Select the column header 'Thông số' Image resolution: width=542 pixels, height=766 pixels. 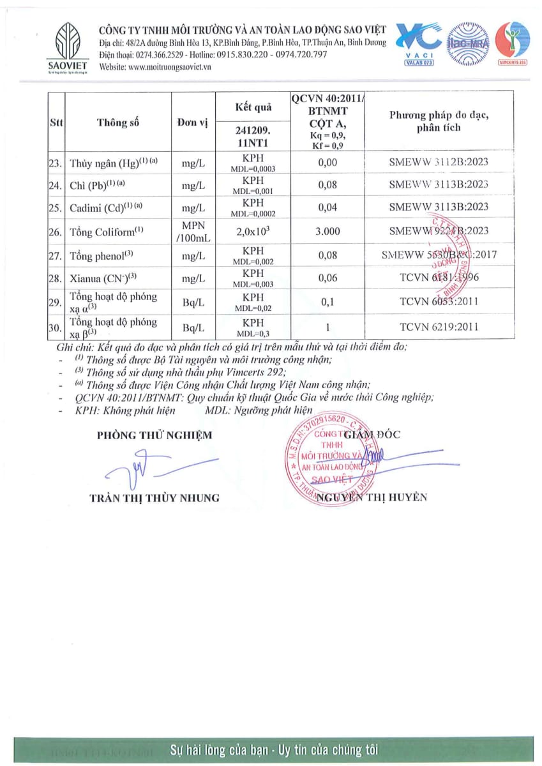118,123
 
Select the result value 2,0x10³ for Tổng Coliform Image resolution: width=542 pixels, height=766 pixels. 253,232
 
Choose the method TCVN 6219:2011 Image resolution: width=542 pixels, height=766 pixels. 439,327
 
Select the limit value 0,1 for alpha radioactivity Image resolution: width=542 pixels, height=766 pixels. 327,301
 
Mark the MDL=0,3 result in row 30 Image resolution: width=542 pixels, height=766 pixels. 253,333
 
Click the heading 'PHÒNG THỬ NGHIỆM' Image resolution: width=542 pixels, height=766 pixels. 154,435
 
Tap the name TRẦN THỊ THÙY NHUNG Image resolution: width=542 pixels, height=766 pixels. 154,498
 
